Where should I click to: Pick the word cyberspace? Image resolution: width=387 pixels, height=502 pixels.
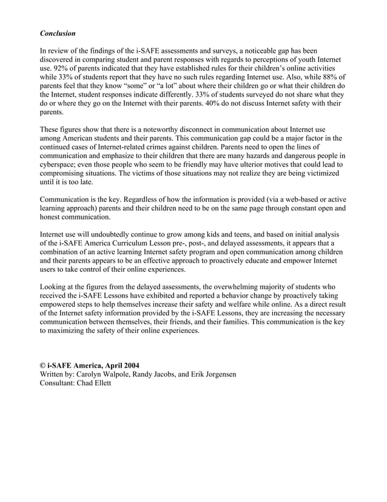(59, 165)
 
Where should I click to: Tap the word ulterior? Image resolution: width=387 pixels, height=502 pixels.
(228, 165)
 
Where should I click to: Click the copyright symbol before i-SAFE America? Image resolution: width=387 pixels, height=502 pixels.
(42, 365)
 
